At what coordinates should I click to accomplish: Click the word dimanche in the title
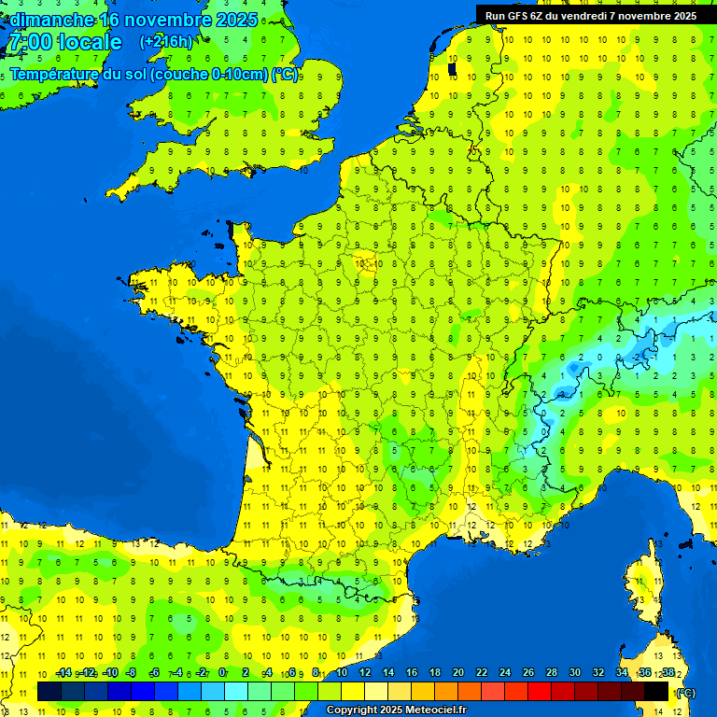[50, 20]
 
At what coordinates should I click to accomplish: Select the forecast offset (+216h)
[165, 42]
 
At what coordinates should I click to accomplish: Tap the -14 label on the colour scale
[63, 672]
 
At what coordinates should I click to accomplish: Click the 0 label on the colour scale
[222, 672]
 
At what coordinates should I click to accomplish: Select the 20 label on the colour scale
[457, 672]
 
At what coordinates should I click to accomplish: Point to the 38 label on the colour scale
[668, 672]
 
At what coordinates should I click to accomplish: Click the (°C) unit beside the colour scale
[685, 692]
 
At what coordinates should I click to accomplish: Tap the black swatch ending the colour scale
[656, 692]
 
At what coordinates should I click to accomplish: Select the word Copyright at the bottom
[348, 710]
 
